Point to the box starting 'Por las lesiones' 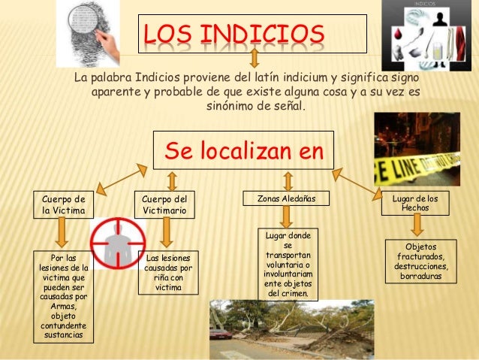[x=64, y=296]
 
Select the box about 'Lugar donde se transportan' [x=288, y=265]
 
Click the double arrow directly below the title [x=255, y=59]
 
